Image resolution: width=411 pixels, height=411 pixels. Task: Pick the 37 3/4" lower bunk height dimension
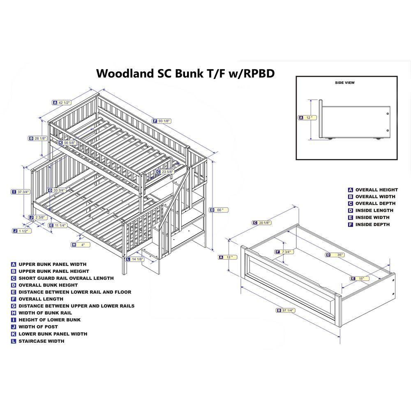(23, 192)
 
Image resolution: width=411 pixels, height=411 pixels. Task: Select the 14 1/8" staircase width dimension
(137, 259)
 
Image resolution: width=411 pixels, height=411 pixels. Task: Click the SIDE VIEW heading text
(344, 83)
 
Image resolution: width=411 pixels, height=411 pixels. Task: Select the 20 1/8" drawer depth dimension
(264, 223)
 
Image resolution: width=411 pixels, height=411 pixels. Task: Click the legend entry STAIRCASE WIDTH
(41, 341)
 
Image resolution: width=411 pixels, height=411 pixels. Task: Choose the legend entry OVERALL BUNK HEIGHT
(48, 285)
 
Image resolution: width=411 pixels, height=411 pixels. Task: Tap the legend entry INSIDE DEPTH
(372, 224)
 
